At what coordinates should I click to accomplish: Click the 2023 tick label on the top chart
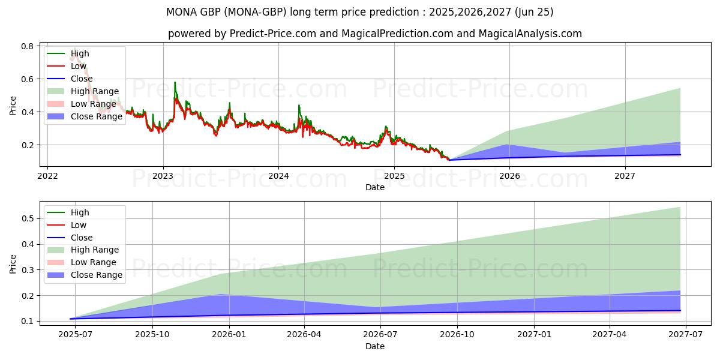163,176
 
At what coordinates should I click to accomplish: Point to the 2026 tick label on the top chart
509,176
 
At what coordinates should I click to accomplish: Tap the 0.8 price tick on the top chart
27,46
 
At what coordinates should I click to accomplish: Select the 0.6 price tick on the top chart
27,79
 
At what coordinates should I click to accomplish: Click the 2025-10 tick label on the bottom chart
152,335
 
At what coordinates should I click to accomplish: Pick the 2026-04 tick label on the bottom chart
304,335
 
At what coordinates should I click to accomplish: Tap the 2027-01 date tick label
534,335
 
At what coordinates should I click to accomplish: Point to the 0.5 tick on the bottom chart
27,218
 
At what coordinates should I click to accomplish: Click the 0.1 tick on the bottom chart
27,321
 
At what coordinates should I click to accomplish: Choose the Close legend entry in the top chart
82,79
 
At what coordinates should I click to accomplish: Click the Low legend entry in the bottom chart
79,225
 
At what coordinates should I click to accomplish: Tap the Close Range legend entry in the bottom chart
97,275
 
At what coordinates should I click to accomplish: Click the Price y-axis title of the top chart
13,106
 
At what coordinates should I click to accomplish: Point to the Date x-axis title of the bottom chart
375,346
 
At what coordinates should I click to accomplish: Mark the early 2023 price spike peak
175,82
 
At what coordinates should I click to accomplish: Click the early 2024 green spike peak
299,105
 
